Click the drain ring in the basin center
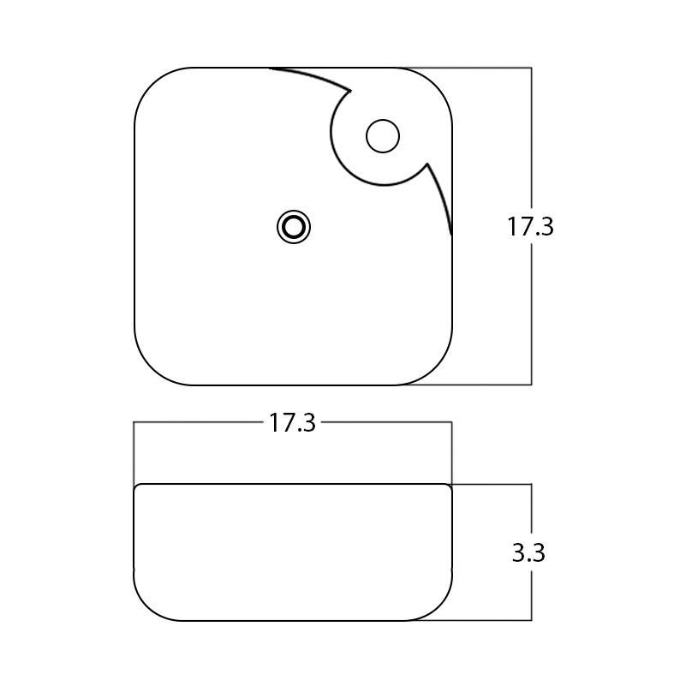294,227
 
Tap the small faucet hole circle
383,136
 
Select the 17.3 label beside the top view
530,227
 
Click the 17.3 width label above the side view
293,423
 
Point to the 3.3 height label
528,553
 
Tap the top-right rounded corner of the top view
436,84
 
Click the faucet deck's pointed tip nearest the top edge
352,89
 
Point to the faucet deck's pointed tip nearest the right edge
427,164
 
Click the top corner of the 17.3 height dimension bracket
532,68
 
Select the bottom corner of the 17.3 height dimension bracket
532,385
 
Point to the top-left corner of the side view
137,487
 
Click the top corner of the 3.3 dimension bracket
532,484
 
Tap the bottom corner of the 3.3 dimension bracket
532,620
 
